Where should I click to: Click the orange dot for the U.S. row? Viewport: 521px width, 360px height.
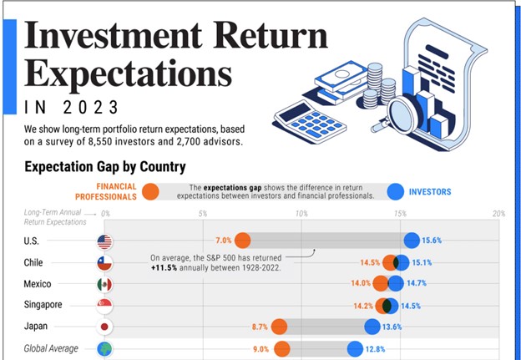242,241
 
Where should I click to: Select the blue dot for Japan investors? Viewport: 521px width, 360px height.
372,327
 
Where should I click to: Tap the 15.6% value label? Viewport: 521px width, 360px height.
432,241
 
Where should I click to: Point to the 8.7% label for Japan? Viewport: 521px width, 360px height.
259,327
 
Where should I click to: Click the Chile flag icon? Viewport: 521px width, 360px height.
104,262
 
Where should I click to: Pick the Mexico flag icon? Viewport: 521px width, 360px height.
104,284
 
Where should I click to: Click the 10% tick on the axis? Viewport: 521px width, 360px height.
301,215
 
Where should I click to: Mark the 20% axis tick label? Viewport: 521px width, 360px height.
498,215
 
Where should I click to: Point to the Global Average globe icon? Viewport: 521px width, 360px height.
104,348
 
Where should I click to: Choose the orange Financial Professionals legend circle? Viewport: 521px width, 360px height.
150,192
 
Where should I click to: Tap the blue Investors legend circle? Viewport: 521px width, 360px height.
395,192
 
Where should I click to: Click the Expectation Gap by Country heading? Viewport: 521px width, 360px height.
104,167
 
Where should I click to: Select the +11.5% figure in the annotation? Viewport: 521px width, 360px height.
168,268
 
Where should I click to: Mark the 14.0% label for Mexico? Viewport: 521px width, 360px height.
360,284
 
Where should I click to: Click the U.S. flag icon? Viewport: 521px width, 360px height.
104,241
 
